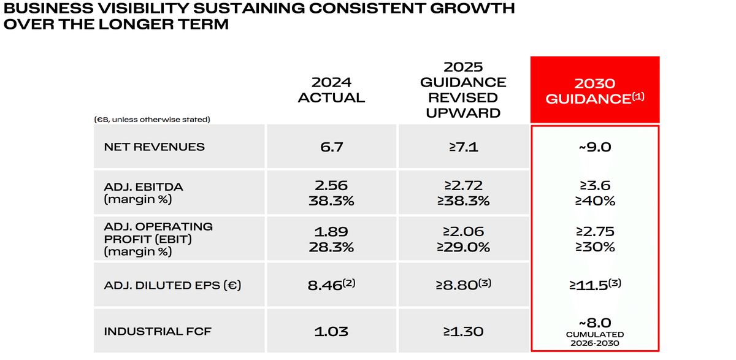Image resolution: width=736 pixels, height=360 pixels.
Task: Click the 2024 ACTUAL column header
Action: (x=331, y=90)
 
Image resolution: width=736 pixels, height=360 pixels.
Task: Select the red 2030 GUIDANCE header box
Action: (x=594, y=90)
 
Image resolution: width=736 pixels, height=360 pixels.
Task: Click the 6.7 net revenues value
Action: (x=331, y=147)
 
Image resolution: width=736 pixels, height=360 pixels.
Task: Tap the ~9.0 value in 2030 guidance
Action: (x=594, y=147)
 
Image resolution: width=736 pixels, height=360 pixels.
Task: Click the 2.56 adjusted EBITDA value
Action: (x=331, y=185)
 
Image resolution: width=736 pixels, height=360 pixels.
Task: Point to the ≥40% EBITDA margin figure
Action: (x=594, y=201)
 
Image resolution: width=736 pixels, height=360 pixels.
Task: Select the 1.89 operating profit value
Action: (x=331, y=232)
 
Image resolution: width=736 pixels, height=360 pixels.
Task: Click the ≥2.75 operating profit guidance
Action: (x=594, y=232)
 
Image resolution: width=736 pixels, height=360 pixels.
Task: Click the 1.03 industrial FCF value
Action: (x=331, y=332)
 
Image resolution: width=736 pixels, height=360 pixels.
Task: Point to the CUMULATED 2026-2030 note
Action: (x=594, y=339)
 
